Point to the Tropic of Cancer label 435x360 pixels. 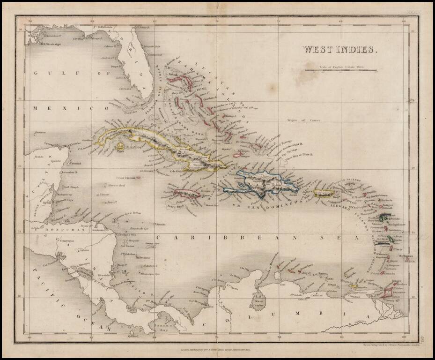coord(307,120)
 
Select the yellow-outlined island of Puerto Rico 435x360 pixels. coord(323,193)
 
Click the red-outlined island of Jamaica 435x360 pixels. coord(187,193)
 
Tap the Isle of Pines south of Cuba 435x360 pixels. coord(120,146)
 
